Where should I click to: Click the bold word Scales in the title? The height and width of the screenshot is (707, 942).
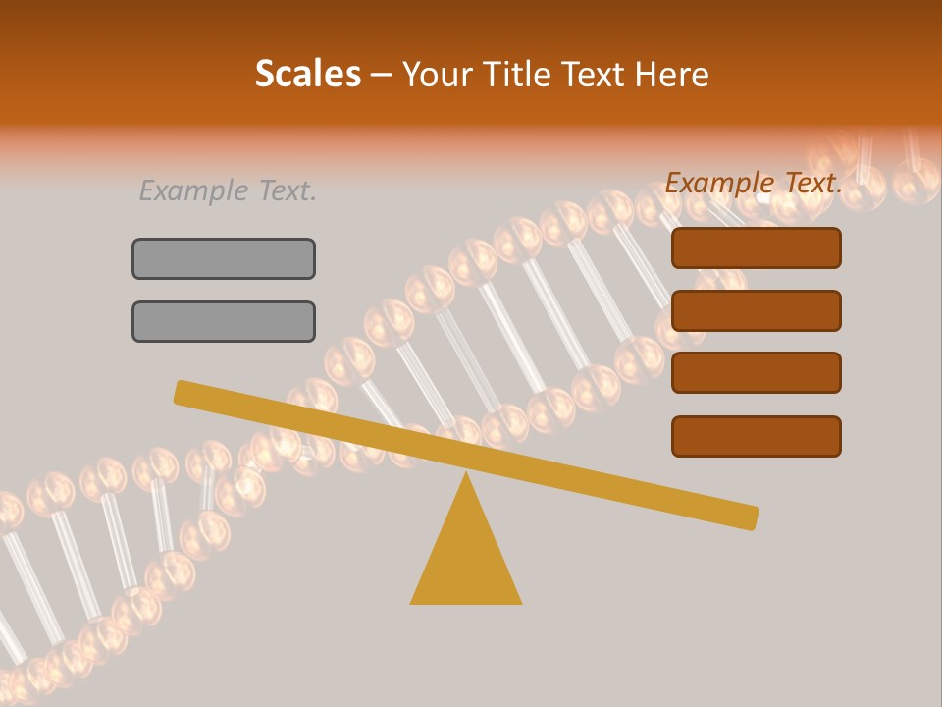[x=307, y=74]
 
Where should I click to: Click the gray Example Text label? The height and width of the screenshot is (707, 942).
[x=228, y=190]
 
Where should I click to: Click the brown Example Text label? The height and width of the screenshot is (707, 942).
[x=754, y=183]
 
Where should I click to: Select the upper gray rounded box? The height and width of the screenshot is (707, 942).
[x=224, y=258]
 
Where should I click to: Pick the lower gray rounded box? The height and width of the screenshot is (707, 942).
[x=224, y=321]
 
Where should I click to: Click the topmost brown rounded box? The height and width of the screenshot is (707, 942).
[x=756, y=247]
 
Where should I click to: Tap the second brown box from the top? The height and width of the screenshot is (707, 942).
[x=756, y=310]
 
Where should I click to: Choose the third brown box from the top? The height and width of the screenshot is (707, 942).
[x=756, y=373]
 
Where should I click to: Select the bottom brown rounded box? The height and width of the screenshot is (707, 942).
[x=756, y=436]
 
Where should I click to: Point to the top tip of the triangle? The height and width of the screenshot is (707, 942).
[x=466, y=476]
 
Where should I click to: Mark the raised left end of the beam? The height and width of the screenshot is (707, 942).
[x=183, y=392]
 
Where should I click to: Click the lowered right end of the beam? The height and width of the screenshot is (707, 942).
[x=750, y=517]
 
